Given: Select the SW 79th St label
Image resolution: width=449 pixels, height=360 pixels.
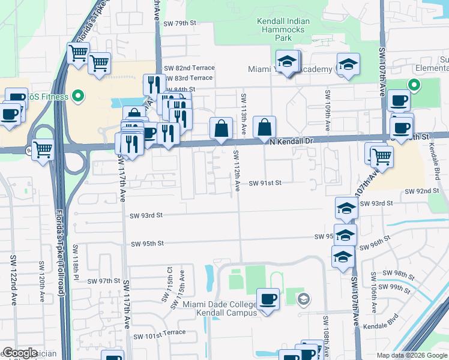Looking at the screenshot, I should (181, 23).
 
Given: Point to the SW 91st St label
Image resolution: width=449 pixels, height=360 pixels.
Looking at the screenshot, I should (265, 183).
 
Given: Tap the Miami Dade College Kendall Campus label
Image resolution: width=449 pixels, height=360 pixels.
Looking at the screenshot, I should (220, 308).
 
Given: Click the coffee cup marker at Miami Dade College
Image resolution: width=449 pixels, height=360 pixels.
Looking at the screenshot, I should (268, 298).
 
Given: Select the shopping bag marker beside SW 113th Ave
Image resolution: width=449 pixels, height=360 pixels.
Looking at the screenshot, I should (265, 127).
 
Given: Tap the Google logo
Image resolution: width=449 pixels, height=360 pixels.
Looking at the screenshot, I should (20, 353).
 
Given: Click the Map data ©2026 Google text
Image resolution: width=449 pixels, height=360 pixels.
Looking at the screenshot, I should (411, 355).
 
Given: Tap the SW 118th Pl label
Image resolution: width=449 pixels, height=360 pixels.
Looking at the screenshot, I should (76, 262).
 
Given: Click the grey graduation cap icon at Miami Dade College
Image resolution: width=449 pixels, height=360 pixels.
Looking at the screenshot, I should (304, 299).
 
